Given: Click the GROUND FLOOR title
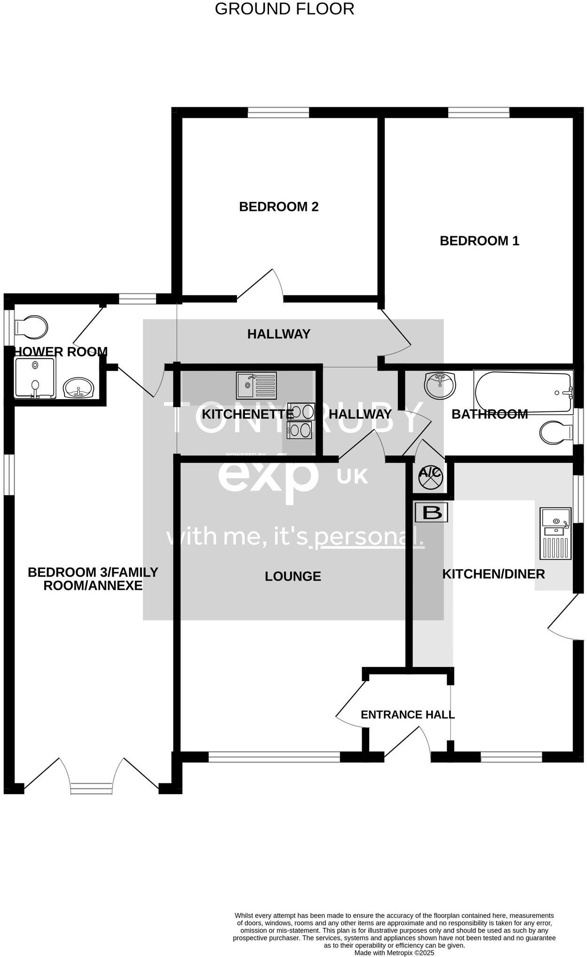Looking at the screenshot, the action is pos(284,9).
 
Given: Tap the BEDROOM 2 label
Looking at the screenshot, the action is pos(278,207).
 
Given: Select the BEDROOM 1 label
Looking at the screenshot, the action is pos(479,241).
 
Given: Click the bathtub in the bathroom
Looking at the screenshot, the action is pos(523,392).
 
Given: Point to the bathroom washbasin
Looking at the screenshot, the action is pos(440,385).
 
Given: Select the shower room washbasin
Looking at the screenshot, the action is pos(79,388).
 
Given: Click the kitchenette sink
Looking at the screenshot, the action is pos(256,386).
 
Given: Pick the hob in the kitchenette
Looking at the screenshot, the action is pos(300,421).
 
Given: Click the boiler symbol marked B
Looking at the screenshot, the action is pos(431,513).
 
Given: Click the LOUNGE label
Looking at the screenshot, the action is pos(293,576).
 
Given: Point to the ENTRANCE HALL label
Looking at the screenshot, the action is pos(407,715).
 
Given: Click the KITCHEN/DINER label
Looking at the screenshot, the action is pos(493,574).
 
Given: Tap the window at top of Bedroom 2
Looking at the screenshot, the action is pos(278,112).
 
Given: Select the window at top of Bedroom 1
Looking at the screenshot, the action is pos(478,112).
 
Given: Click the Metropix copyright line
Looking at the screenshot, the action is pos(394,953).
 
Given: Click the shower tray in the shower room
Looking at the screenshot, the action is pos(35,378).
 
